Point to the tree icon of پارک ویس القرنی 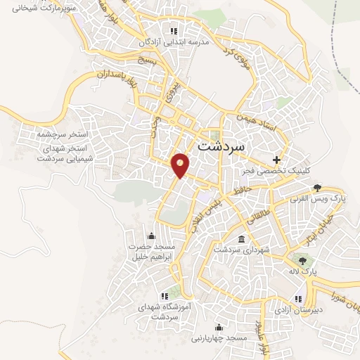(x=318, y=188)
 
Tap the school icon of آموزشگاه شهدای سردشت (x=164, y=296)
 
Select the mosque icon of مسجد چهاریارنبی (x=219, y=327)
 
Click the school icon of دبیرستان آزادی (x=300, y=297)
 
